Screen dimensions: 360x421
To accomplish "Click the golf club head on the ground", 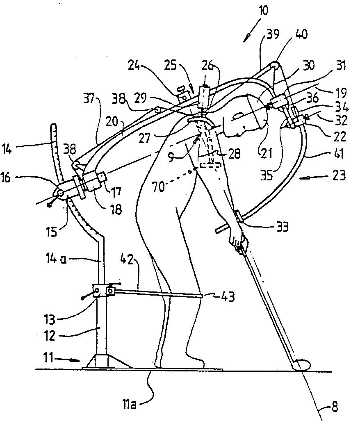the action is click(x=302, y=365).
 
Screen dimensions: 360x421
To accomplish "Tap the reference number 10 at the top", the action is click(x=263, y=11).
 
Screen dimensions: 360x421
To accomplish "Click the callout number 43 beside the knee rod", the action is click(x=228, y=297).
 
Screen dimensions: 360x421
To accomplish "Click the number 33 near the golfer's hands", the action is click(x=282, y=227).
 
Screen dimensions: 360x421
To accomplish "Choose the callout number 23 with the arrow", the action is click(x=339, y=175).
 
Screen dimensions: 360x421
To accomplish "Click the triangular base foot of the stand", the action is click(x=107, y=361).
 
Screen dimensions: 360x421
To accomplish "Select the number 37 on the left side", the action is click(x=89, y=99).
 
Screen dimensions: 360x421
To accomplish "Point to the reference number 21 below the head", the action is click(x=267, y=153).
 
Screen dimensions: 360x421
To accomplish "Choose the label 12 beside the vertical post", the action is click(x=50, y=336).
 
